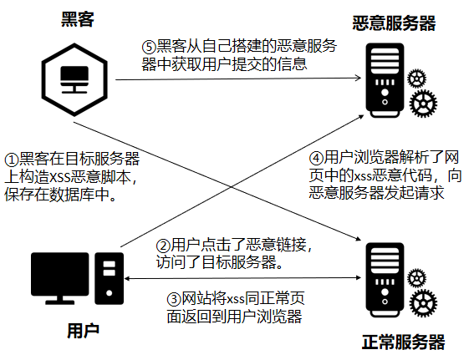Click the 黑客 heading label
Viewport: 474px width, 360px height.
(x=78, y=19)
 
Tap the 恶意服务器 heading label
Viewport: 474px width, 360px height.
(x=394, y=23)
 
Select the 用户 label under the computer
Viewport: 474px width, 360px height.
(x=83, y=331)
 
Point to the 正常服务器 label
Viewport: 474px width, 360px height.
(x=403, y=342)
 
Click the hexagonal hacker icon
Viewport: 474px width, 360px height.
(x=74, y=79)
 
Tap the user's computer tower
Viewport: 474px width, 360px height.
(x=110, y=278)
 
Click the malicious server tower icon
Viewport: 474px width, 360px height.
(x=385, y=80)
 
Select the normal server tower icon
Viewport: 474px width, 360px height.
(x=385, y=280)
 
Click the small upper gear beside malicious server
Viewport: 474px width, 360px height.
(x=416, y=79)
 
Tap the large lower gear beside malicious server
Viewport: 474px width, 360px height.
(x=423, y=104)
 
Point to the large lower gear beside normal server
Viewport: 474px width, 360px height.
(x=423, y=303)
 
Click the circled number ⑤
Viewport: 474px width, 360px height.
(x=149, y=47)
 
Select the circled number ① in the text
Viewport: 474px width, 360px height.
(x=12, y=160)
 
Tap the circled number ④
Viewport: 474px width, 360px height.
(x=316, y=158)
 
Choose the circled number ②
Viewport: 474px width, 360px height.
(x=163, y=246)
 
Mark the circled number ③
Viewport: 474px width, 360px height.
(x=174, y=299)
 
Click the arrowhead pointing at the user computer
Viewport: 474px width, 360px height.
(x=127, y=278)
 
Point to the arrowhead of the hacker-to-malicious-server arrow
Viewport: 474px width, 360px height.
(x=359, y=79)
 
